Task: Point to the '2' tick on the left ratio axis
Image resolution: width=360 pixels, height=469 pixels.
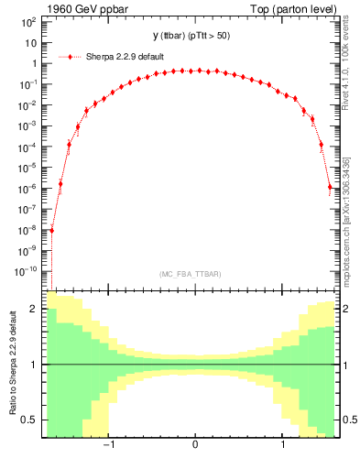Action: click(x=35, y=310)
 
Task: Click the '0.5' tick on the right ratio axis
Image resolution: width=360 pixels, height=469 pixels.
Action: click(x=348, y=420)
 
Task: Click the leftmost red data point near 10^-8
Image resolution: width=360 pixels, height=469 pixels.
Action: click(x=51, y=230)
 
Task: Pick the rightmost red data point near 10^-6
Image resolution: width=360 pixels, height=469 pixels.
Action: click(x=330, y=188)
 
